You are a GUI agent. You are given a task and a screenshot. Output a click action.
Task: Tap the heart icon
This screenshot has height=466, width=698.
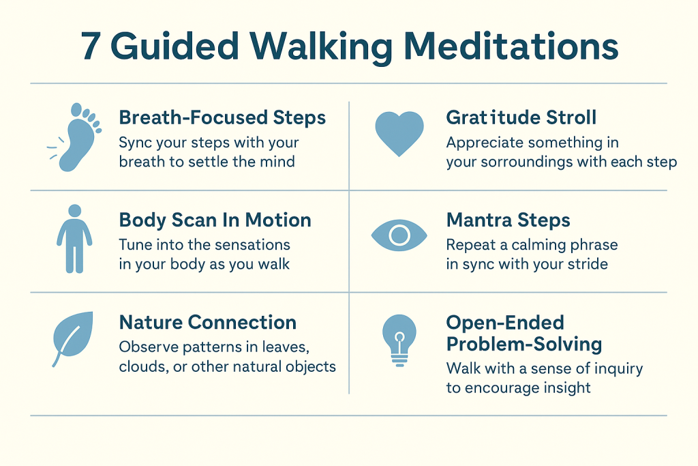(399, 133)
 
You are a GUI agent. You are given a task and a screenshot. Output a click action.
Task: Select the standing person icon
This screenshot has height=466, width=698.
(74, 239)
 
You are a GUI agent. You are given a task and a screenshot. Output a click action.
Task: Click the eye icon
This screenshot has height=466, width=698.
(399, 235)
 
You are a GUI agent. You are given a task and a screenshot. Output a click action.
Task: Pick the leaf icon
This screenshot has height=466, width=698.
(72, 337)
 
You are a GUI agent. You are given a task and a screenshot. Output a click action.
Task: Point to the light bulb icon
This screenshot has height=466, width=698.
(399, 340)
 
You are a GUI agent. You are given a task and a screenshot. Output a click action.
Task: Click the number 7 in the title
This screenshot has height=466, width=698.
(91, 47)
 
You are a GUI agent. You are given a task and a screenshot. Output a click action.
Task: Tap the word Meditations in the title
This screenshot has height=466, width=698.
(511, 46)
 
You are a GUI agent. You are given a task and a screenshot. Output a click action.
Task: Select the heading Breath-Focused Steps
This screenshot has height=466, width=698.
(222, 117)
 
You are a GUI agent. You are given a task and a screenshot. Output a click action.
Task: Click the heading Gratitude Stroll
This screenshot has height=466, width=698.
(521, 117)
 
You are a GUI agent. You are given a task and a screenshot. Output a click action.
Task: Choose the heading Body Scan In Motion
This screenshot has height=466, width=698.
(215, 220)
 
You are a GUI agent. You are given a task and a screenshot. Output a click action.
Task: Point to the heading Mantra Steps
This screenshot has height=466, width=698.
(508, 220)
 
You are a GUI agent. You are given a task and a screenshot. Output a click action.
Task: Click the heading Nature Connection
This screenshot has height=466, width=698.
(207, 323)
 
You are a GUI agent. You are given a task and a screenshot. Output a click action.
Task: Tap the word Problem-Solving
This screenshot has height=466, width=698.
(524, 345)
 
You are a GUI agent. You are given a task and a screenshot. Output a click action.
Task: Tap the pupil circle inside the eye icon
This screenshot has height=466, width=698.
(399, 235)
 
